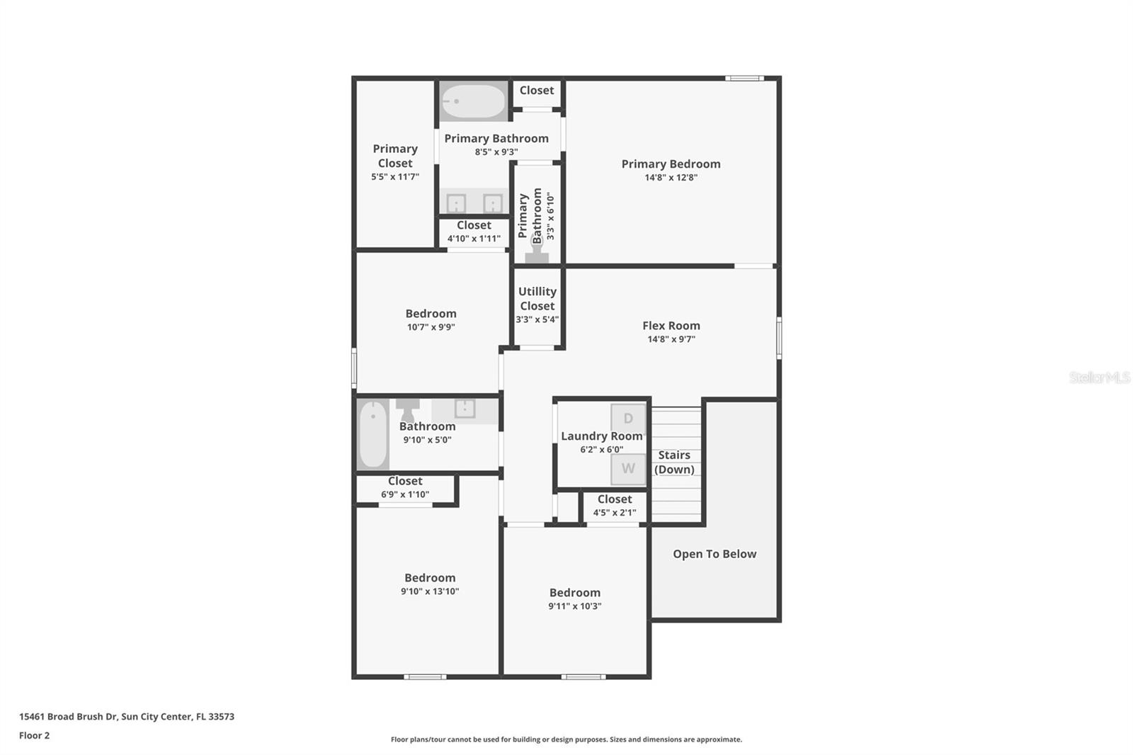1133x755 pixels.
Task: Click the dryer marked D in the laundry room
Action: click(628, 418)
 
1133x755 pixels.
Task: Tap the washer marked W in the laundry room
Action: click(628, 469)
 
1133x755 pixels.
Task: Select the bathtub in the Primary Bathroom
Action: click(473, 101)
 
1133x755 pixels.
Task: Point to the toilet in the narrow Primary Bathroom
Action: click(537, 252)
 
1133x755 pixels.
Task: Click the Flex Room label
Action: click(671, 326)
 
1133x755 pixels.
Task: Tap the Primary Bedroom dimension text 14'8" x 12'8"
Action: click(671, 178)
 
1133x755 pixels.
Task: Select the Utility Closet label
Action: click(537, 299)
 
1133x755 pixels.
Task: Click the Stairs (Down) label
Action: click(674, 462)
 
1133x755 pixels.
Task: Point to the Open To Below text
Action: click(714, 554)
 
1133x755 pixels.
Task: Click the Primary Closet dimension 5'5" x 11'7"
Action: click(395, 177)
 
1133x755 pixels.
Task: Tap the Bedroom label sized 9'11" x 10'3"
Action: click(574, 593)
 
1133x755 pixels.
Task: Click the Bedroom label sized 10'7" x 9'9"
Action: click(431, 314)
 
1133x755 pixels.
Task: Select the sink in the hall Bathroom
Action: click(465, 409)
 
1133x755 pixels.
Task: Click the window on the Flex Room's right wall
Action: click(779, 338)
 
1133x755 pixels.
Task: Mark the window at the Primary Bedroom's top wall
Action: click(744, 78)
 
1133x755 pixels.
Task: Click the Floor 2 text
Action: click(34, 735)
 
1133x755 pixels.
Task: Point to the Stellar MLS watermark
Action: click(1099, 377)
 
